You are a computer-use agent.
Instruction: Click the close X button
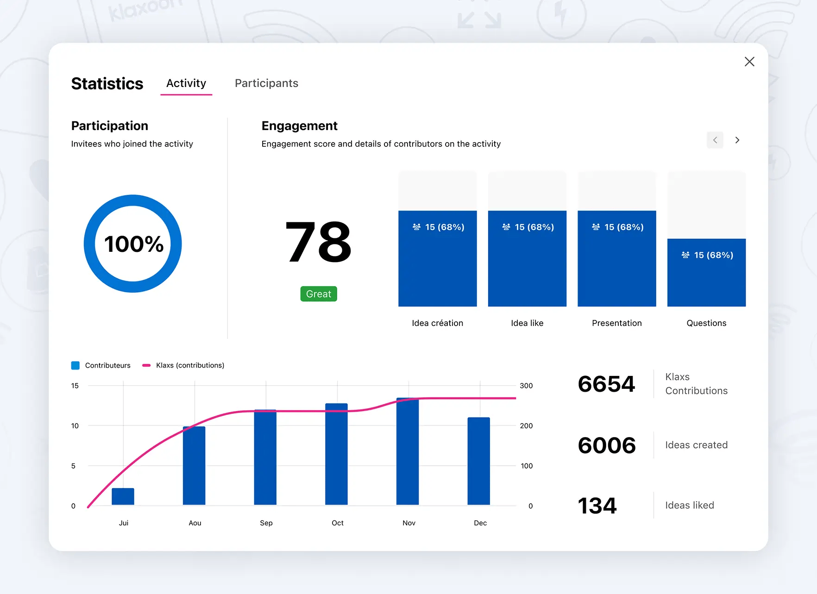click(749, 62)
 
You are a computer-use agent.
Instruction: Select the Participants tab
click(266, 83)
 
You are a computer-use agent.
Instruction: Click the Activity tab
click(186, 83)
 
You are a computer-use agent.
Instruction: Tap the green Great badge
click(319, 294)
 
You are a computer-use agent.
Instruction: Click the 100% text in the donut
click(133, 244)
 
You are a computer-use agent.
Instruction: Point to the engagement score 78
click(319, 242)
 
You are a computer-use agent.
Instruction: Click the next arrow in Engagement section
click(737, 140)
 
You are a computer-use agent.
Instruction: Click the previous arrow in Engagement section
click(715, 140)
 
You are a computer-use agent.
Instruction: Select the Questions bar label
click(706, 323)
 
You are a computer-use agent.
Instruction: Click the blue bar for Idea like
click(527, 269)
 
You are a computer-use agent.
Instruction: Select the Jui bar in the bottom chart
click(123, 496)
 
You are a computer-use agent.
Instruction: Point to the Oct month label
click(338, 523)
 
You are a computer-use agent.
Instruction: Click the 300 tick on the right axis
click(526, 386)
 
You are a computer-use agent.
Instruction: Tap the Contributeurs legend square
click(75, 365)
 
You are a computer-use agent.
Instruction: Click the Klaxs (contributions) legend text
click(190, 365)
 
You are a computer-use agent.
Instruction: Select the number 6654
click(606, 384)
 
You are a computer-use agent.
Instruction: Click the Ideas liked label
click(690, 505)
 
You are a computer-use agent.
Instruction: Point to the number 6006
click(607, 445)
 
